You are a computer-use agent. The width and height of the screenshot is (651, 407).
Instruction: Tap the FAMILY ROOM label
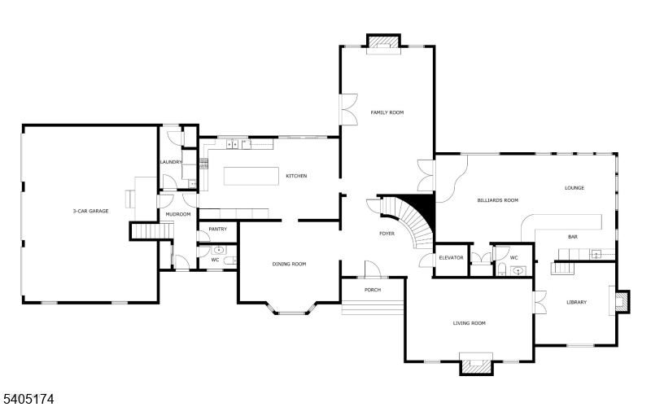pyautogui.click(x=387, y=112)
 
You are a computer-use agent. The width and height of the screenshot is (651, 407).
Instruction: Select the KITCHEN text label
pyautogui.click(x=296, y=176)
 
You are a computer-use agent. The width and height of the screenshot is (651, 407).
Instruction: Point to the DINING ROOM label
pyautogui.click(x=289, y=264)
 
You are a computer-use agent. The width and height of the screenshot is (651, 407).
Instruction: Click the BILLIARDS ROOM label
pyautogui.click(x=498, y=199)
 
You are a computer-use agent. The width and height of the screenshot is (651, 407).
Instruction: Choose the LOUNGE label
pyautogui.click(x=575, y=188)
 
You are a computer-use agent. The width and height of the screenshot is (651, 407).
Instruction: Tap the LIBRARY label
pyautogui.click(x=576, y=303)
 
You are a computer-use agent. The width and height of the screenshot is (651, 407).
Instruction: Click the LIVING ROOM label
pyautogui.click(x=470, y=323)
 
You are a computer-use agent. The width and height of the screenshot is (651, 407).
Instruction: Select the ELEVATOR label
pyautogui.click(x=451, y=257)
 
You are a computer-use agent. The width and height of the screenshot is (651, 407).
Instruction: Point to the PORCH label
pyautogui.click(x=373, y=290)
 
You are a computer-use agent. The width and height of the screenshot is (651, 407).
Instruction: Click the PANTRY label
pyautogui.click(x=217, y=230)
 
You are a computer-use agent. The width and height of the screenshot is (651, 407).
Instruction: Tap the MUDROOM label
pyautogui.click(x=177, y=214)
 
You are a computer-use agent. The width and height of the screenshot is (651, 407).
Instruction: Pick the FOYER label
pyautogui.click(x=387, y=234)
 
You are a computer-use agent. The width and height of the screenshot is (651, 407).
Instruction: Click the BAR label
pyautogui.click(x=573, y=237)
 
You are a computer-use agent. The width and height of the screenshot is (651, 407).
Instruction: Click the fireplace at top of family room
pyautogui.click(x=383, y=42)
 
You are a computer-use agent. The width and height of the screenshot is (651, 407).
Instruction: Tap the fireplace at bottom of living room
pyautogui.click(x=476, y=365)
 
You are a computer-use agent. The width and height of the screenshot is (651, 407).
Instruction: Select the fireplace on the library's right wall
pyautogui.click(x=623, y=301)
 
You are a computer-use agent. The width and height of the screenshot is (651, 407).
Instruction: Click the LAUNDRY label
pyautogui.click(x=170, y=162)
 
